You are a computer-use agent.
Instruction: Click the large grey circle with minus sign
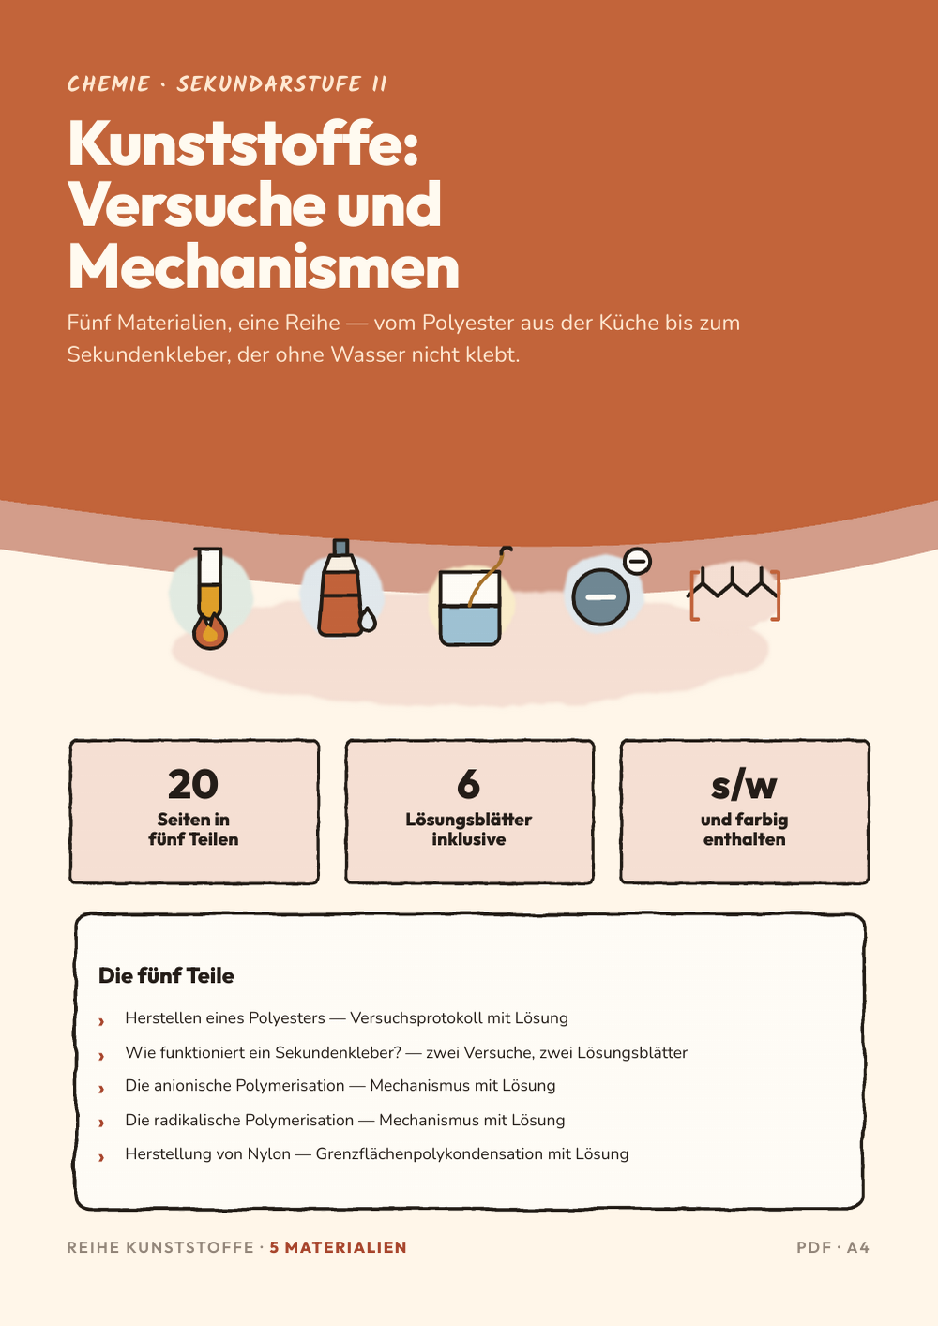(x=600, y=596)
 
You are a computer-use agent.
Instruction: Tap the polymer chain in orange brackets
(x=734, y=594)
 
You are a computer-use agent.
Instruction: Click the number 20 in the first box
(x=193, y=784)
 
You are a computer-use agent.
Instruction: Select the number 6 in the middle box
(x=468, y=784)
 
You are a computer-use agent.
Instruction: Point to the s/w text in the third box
(x=744, y=786)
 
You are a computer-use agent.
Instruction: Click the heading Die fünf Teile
(x=166, y=975)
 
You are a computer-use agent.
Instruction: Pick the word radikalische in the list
(x=195, y=1120)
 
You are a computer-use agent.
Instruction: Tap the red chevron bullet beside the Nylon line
(x=101, y=1156)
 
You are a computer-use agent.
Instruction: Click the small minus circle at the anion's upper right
(x=637, y=561)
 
